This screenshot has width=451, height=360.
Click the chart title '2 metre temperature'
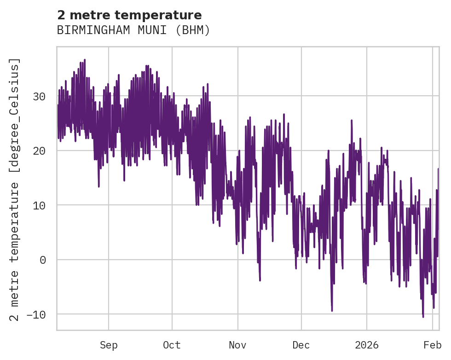[x=129, y=15]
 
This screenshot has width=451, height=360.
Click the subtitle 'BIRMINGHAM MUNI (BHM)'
[x=133, y=30]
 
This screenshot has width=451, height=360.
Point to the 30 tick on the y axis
[x=39, y=97]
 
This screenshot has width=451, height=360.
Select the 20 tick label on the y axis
[x=39, y=151]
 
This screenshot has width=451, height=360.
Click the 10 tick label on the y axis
[x=39, y=205]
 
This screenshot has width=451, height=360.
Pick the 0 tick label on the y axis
[x=42, y=260]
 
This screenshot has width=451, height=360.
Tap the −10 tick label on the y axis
[x=36, y=314]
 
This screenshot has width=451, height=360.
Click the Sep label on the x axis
[x=109, y=345]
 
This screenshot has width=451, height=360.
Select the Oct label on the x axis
[x=172, y=345]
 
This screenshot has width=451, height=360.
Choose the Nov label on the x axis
[x=238, y=345]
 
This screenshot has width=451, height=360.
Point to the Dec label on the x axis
[x=301, y=345]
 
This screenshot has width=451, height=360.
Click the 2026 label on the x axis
[x=367, y=345]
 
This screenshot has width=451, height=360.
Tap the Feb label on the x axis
[x=433, y=345]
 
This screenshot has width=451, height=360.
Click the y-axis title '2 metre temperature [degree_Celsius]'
[x=15, y=189]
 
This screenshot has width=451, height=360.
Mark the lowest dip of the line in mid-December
[x=332, y=310]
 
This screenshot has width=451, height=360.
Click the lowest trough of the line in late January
[x=423, y=316]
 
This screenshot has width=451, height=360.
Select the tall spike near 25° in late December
[x=352, y=121]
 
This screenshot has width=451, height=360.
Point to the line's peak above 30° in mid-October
[x=208, y=84]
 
